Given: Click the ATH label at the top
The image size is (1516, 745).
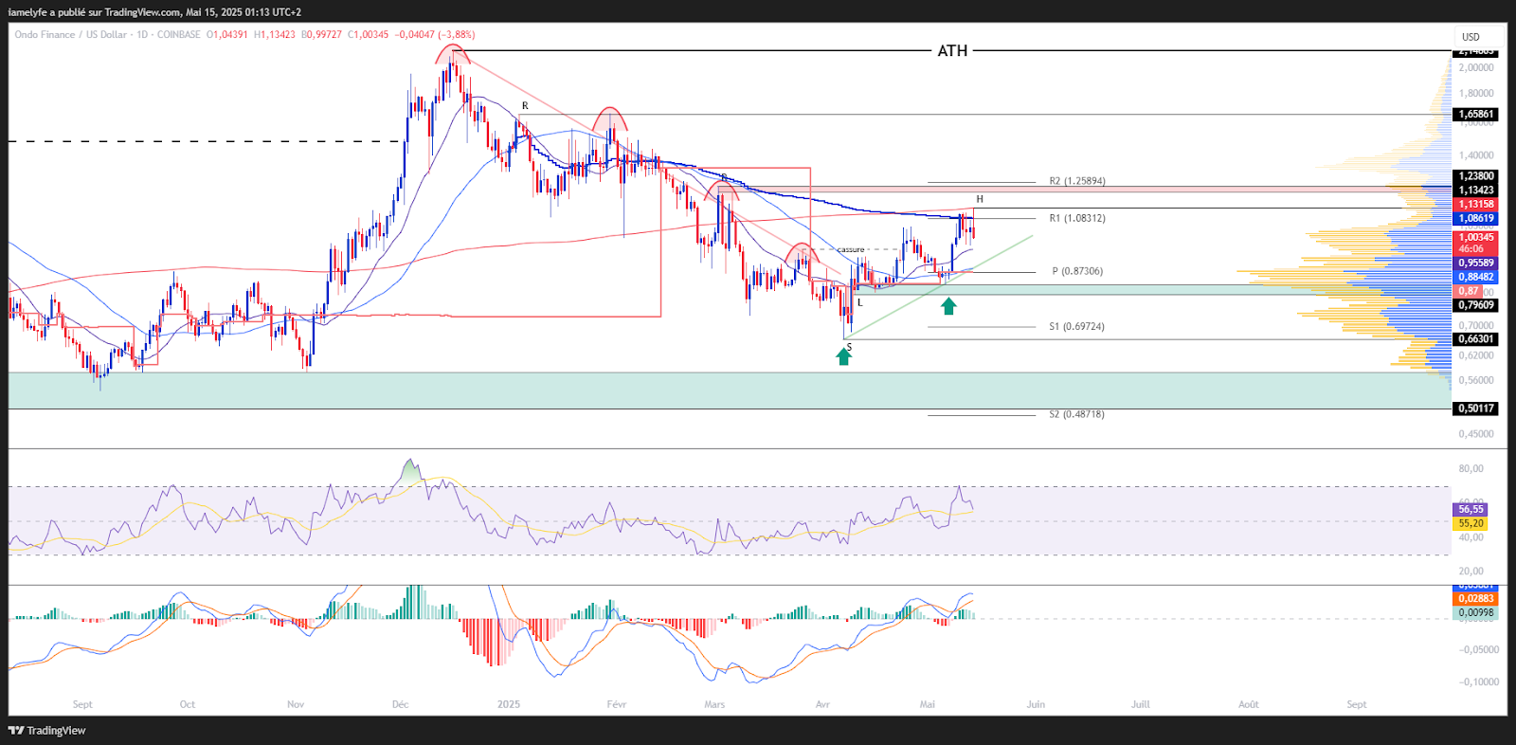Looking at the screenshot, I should coord(952,51).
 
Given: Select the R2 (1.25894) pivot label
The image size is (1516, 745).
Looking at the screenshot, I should coord(1076,181).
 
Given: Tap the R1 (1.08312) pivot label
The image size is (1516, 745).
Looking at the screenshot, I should coord(1076,218).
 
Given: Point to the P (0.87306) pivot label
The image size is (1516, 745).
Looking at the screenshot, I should coord(1077,271).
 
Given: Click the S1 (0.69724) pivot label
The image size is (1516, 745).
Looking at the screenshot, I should coord(1076,326).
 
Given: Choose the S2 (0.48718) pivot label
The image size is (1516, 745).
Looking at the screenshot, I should coord(1076,414).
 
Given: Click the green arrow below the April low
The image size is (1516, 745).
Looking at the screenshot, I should coord(843,356).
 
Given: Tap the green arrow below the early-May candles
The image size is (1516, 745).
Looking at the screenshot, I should coord(948,306).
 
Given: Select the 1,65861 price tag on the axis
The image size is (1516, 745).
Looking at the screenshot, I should coord(1475,114).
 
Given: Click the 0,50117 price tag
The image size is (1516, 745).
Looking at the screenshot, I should coord(1475,409).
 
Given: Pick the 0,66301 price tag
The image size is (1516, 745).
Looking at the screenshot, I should coord(1475,338).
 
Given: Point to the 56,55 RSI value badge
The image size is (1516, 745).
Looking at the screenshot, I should coord(1471,509).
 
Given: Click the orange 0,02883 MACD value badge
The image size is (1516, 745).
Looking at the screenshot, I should coord(1475,598).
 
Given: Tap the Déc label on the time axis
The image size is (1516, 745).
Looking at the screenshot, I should coord(400,704).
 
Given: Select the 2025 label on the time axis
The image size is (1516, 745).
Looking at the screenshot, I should coord(509,704).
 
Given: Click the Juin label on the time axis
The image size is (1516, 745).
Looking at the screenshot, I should coord(1036,704).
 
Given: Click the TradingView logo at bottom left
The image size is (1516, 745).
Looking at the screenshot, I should coord(47,731).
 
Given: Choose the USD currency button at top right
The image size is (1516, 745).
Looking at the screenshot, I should coord(1471,37).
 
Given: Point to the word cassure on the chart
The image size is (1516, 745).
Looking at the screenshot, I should coord(851,249).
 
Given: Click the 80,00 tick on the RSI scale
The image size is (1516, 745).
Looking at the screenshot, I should coord(1471,468).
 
